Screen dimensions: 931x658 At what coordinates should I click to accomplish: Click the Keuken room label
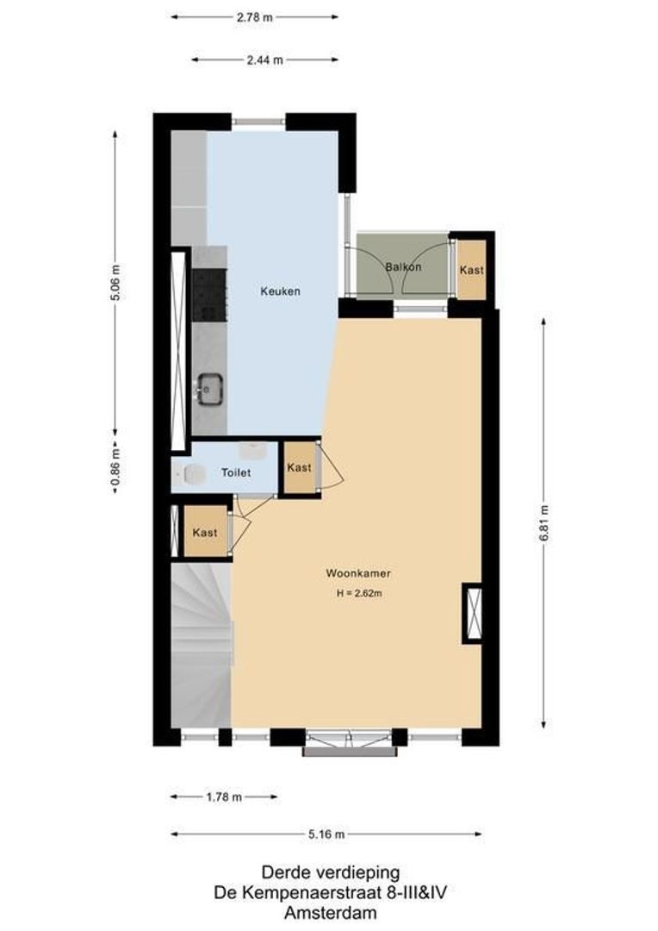[281, 291]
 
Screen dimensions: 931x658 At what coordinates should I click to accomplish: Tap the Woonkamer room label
[352, 573]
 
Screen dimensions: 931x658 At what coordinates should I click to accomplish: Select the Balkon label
[403, 267]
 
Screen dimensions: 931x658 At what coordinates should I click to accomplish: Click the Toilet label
[235, 472]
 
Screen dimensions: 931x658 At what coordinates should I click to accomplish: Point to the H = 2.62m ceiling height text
[359, 593]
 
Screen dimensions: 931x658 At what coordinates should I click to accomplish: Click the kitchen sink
[208, 389]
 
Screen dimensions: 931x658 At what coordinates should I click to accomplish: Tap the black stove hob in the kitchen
[208, 295]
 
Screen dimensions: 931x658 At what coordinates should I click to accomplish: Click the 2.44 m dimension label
[264, 59]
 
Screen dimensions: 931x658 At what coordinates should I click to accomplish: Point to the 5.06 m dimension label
[115, 283]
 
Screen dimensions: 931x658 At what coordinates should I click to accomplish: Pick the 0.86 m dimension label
[115, 469]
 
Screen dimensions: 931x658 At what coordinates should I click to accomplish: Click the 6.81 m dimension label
[543, 522]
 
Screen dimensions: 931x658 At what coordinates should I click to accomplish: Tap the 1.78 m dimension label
[223, 797]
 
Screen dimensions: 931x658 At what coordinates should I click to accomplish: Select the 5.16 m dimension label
[326, 834]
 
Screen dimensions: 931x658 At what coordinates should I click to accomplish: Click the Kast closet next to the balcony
[471, 270]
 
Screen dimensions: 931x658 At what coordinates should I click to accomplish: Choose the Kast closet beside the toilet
[299, 468]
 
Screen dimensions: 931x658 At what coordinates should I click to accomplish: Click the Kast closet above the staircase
[205, 533]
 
